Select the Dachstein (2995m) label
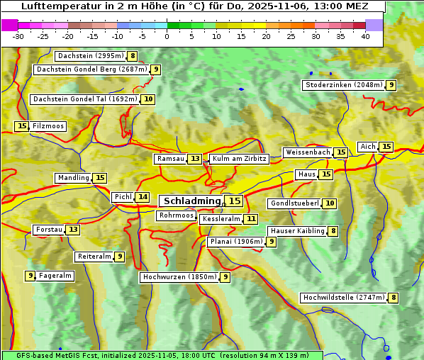click(x=90, y=56)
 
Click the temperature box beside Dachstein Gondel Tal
click(x=147, y=99)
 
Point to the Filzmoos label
click(x=48, y=126)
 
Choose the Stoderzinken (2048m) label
click(x=343, y=85)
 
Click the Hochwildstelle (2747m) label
click(x=343, y=298)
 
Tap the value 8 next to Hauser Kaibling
click(x=333, y=231)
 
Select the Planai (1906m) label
click(x=236, y=242)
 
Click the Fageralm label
click(x=55, y=276)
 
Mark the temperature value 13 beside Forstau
click(x=73, y=230)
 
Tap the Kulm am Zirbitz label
click(x=239, y=159)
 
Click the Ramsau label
click(x=170, y=159)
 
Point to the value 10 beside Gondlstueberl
click(x=330, y=203)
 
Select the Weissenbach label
click(x=307, y=152)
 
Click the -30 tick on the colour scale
click(x=18, y=36)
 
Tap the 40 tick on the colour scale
click(x=365, y=36)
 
